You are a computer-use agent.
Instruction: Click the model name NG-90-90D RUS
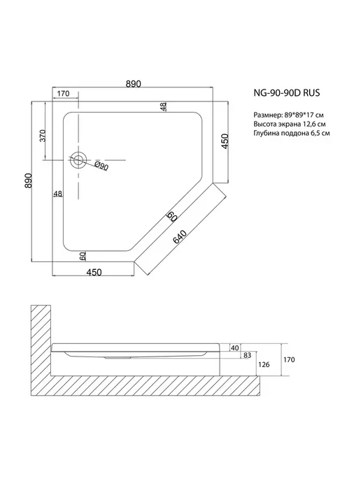pos(286,93)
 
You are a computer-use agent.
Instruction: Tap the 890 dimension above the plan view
pos(133,84)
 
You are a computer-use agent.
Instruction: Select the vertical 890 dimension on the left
pos(28,180)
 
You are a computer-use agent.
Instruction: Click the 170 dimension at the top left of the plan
pos(63,93)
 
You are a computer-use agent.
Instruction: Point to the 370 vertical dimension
pos(43,136)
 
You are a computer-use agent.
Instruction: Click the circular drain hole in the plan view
pos(78,160)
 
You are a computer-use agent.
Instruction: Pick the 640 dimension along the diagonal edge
pos(180,236)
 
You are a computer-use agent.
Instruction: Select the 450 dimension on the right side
pos(225,141)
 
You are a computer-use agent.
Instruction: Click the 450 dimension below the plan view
pos(94,272)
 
